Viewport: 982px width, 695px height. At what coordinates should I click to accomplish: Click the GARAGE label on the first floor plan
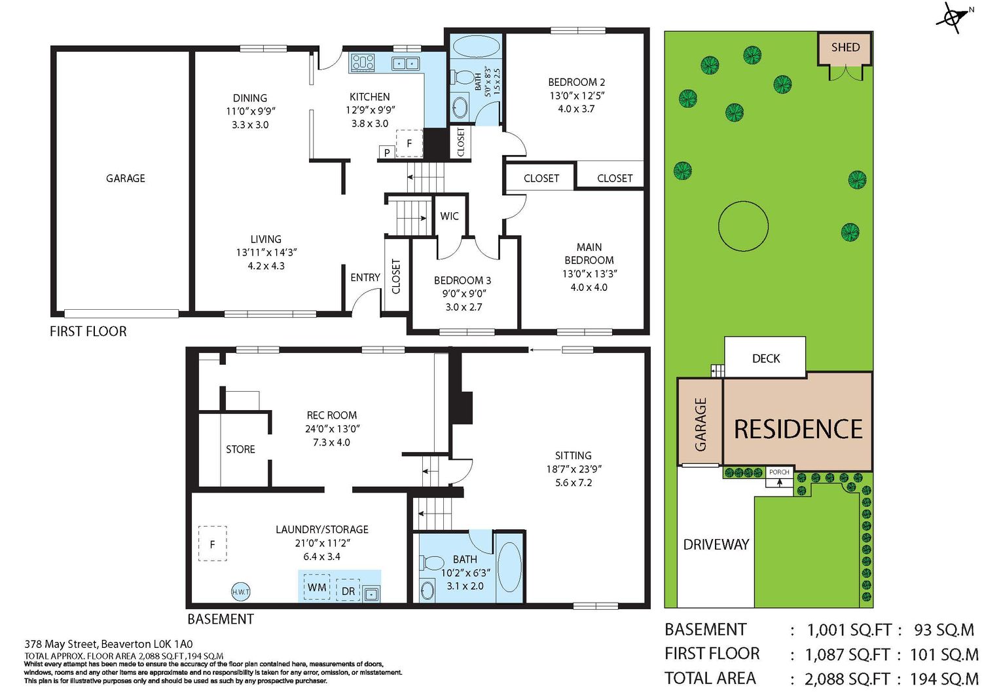click(126, 178)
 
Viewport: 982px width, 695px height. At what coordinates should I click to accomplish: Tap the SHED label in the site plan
click(846, 47)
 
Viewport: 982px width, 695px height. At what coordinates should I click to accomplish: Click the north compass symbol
click(952, 18)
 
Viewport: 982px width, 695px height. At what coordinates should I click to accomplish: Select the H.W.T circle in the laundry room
click(241, 592)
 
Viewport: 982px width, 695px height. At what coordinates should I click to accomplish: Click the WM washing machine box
click(317, 587)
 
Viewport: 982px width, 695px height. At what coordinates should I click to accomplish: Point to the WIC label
click(449, 216)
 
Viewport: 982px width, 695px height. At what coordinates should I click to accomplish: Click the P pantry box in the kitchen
click(387, 152)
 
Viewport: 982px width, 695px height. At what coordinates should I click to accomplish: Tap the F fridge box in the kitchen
click(409, 143)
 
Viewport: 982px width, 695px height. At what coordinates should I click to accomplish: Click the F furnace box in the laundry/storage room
click(213, 544)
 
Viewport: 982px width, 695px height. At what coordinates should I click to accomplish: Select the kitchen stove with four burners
click(363, 62)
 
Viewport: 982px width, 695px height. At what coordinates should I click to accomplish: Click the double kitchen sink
click(405, 63)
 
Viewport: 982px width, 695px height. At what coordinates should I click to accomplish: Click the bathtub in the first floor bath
click(476, 47)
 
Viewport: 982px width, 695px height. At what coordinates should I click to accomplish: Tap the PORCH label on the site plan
click(779, 472)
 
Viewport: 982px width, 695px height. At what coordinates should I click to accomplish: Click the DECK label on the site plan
click(766, 358)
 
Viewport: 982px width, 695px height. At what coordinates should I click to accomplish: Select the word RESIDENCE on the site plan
click(798, 428)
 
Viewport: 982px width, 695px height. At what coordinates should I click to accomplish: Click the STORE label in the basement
click(240, 449)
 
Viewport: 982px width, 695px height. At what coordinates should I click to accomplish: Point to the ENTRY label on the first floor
click(365, 277)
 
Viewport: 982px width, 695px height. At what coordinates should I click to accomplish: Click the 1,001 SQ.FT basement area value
click(849, 630)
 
